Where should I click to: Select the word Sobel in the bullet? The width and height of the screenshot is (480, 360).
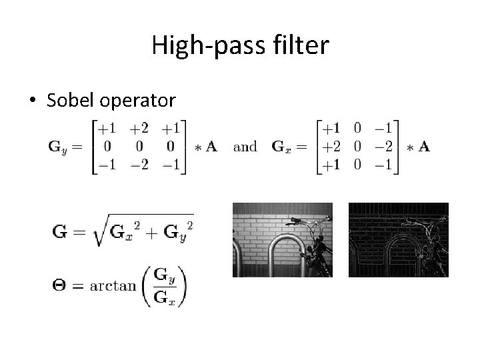coord(73,100)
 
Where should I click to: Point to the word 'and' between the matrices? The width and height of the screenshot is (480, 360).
coord(245,147)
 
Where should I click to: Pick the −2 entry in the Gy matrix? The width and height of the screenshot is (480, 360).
coord(139,165)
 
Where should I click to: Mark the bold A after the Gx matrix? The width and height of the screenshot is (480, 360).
coord(423,147)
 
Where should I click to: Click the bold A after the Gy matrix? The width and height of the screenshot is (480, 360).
coord(211,147)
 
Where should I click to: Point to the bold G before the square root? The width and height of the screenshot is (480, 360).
coord(60,233)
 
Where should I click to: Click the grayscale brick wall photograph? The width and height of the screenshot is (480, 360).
coord(282,239)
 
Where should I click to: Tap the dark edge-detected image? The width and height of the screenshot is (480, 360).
coord(398,239)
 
